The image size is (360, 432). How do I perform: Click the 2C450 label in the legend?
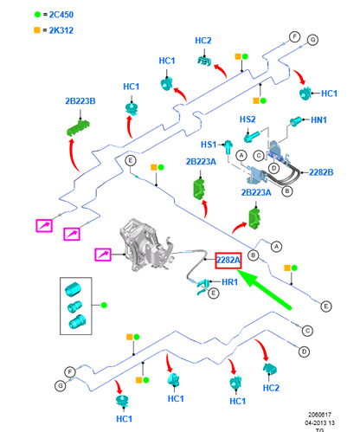tap(61, 15)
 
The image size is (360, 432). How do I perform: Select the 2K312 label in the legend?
tap(61, 30)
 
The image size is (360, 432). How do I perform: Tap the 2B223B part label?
tap(80, 101)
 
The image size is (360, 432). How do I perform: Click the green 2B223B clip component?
tap(78, 127)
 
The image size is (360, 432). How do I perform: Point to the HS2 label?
tap(247, 119)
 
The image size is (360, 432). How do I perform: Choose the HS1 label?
tap(209, 145)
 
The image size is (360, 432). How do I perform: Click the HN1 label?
tap(318, 119)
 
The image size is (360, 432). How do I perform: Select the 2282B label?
tap(321, 172)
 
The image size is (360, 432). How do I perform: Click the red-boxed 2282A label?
tap(228, 261)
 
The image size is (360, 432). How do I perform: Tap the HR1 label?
tap(230, 281)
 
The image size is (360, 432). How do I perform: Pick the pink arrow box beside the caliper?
tap(103, 255)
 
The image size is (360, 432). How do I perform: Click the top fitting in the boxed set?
tap(73, 289)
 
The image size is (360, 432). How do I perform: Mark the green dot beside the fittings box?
tap(104, 305)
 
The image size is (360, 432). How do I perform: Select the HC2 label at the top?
tap(203, 41)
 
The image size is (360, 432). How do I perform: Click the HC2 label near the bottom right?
tap(271, 388)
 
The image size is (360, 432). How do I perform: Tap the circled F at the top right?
tap(294, 37)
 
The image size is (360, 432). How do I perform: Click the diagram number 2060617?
tap(319, 415)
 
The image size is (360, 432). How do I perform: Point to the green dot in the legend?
tap(37, 15)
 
